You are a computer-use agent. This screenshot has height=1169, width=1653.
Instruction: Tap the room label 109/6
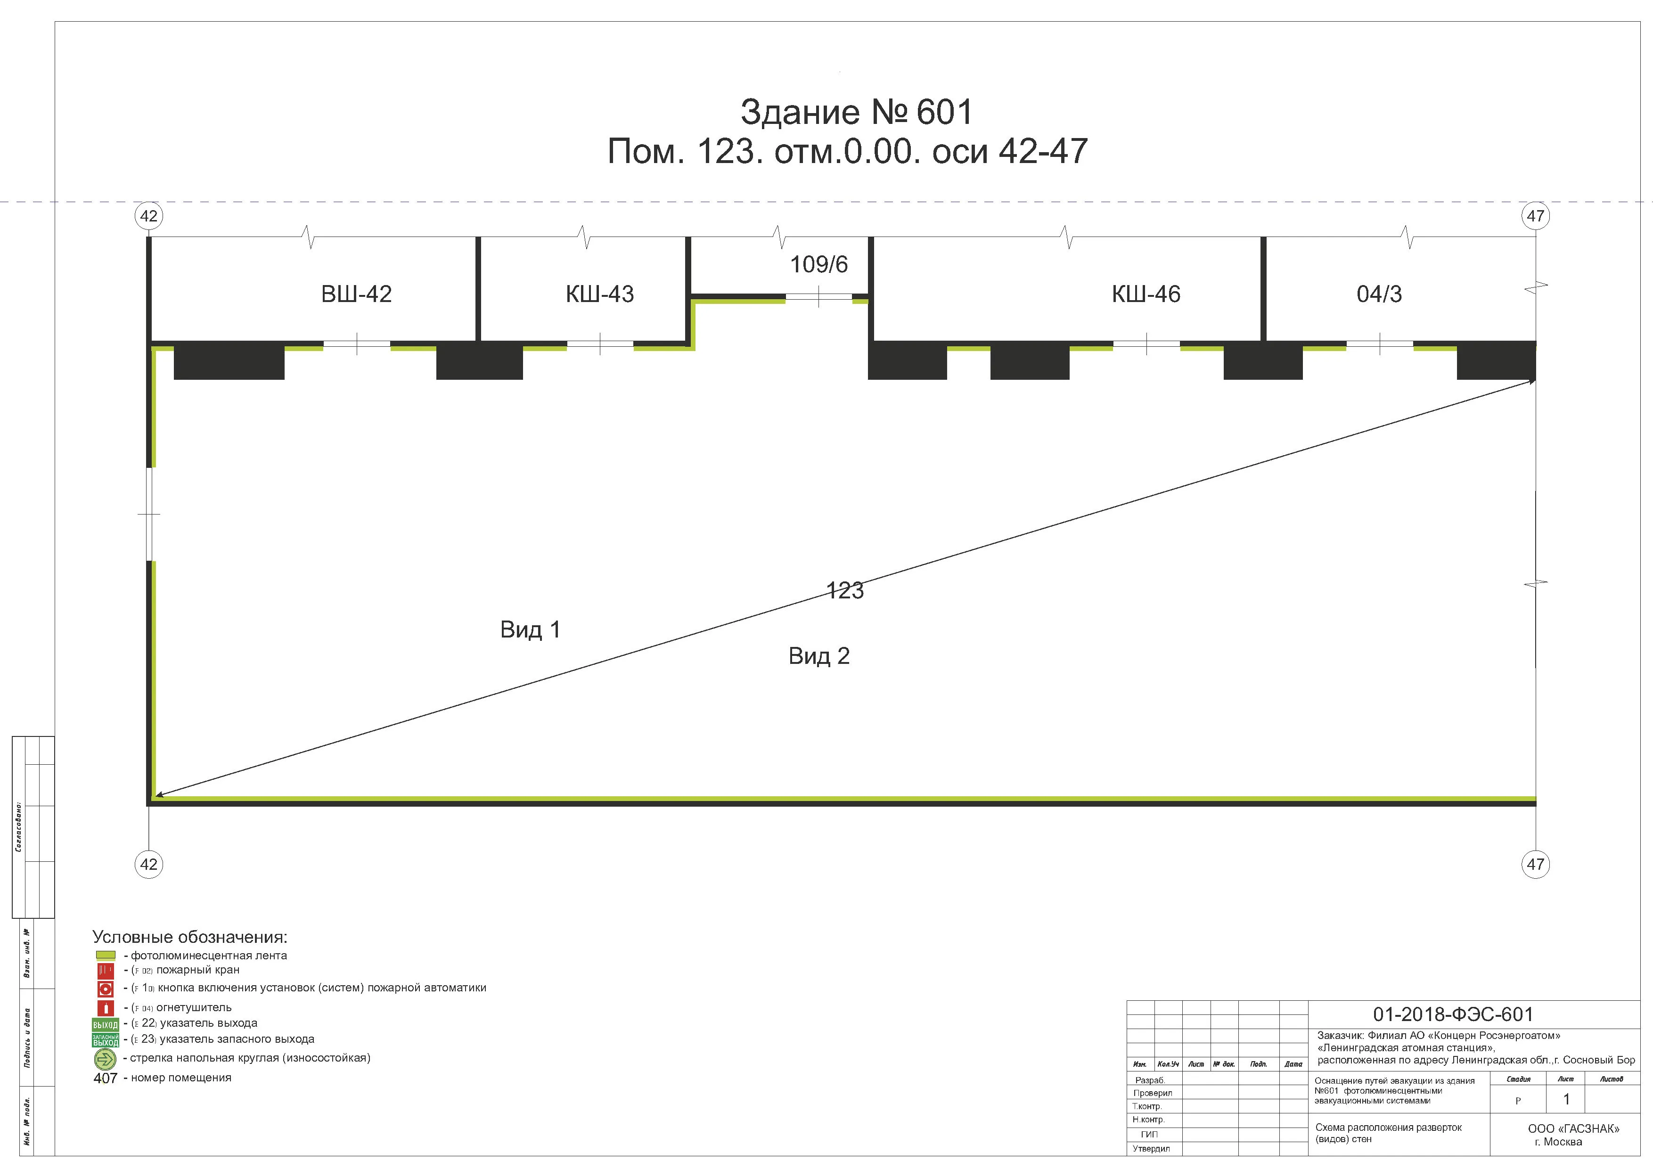tap(818, 264)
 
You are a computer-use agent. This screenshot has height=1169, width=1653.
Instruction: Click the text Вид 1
tap(530, 630)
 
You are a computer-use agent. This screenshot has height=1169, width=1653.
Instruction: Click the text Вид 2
tap(818, 656)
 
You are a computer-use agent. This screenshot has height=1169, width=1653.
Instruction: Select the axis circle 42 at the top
tap(148, 216)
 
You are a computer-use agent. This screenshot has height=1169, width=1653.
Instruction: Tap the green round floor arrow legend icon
tap(105, 1059)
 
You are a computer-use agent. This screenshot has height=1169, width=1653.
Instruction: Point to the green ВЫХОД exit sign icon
tap(105, 1023)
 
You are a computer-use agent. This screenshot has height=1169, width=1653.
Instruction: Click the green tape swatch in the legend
tap(105, 955)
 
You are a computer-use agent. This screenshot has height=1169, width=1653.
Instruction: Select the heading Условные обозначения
tap(189, 937)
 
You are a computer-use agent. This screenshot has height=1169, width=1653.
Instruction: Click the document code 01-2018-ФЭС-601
tap(1453, 1014)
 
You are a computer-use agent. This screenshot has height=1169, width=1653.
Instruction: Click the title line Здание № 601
tap(856, 112)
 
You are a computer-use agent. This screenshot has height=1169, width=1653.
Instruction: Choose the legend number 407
tap(105, 1079)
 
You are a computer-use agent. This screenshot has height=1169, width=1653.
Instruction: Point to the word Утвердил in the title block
tap(1151, 1149)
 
